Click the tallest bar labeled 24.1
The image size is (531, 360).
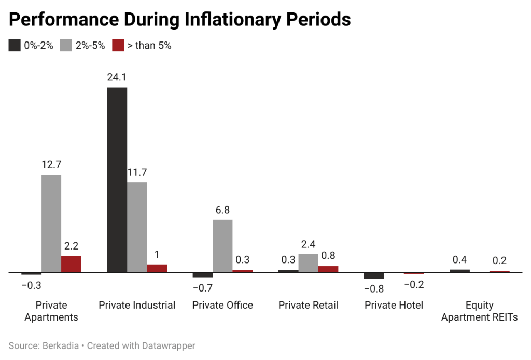point(117,179)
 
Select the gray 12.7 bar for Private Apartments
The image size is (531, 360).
point(51,223)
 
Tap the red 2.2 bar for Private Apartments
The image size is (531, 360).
point(71,264)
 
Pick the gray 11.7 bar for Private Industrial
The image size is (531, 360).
point(137,227)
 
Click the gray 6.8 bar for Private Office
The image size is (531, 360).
point(222,246)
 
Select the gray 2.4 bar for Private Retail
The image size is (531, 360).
point(308,263)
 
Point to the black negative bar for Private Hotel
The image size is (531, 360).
point(374,275)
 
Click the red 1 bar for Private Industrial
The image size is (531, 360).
point(157,268)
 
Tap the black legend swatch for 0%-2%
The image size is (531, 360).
point(15,46)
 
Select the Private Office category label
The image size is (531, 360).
point(222,305)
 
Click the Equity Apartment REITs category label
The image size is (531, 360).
point(479,311)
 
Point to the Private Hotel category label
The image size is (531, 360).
point(394,305)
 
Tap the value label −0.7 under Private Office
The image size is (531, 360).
point(202,288)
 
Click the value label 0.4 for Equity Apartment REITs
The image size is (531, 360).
point(459,260)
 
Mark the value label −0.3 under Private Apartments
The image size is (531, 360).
point(32,285)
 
